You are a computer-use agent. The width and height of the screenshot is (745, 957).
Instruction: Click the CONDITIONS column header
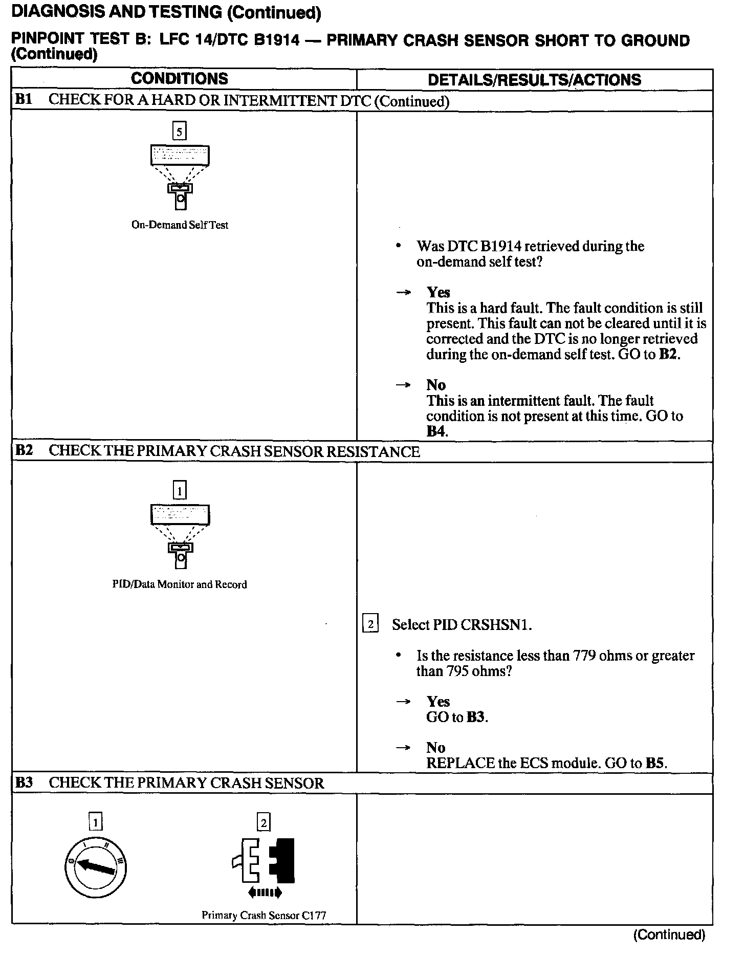coord(179,79)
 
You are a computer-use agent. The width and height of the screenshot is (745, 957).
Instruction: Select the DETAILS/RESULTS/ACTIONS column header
coord(534,80)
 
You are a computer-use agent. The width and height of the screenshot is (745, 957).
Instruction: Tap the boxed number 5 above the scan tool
coord(179,132)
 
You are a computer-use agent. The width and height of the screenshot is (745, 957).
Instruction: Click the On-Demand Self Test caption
coord(180,225)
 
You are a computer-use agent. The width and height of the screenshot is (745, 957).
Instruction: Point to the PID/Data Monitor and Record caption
coord(180,584)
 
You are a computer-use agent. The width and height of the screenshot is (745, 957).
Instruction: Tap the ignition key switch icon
coord(96,867)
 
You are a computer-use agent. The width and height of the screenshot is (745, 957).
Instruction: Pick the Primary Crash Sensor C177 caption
coord(264,915)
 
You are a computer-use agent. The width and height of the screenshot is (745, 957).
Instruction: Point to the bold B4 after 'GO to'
coord(436,431)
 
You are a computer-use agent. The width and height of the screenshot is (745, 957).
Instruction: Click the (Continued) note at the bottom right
coord(669,935)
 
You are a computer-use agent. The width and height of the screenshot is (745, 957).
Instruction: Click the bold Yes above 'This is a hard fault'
coord(439,292)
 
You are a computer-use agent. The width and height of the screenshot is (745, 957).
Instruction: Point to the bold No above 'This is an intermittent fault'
coord(436,385)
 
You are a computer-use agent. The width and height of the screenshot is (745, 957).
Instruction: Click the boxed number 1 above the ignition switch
coord(95,823)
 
